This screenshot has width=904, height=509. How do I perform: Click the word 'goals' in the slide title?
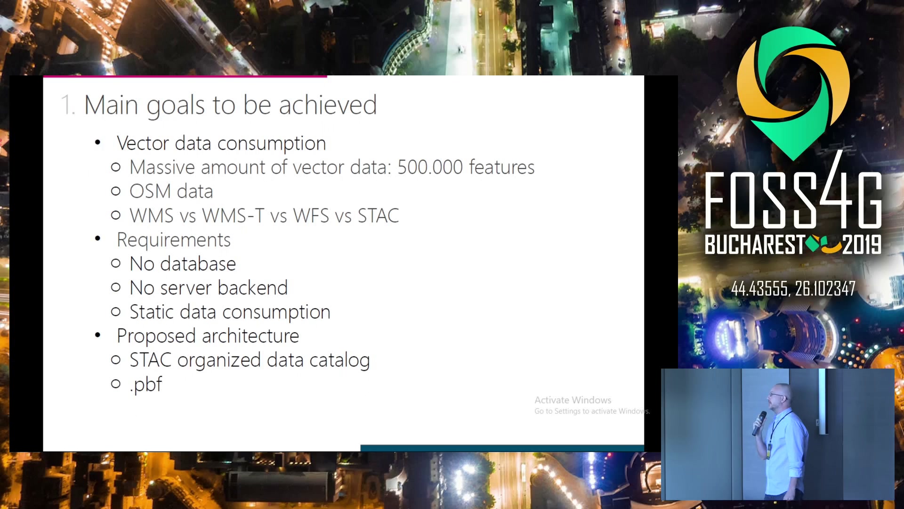(176, 106)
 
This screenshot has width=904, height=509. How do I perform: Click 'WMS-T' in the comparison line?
(233, 216)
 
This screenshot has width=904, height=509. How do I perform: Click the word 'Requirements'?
(174, 240)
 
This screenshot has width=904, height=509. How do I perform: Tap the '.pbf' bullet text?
(146, 385)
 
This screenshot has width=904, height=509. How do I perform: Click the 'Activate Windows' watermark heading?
(573, 400)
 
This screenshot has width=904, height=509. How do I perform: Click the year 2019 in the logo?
(862, 245)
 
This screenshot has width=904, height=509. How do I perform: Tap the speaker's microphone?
(759, 423)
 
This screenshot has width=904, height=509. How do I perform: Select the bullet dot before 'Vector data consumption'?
(97, 142)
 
